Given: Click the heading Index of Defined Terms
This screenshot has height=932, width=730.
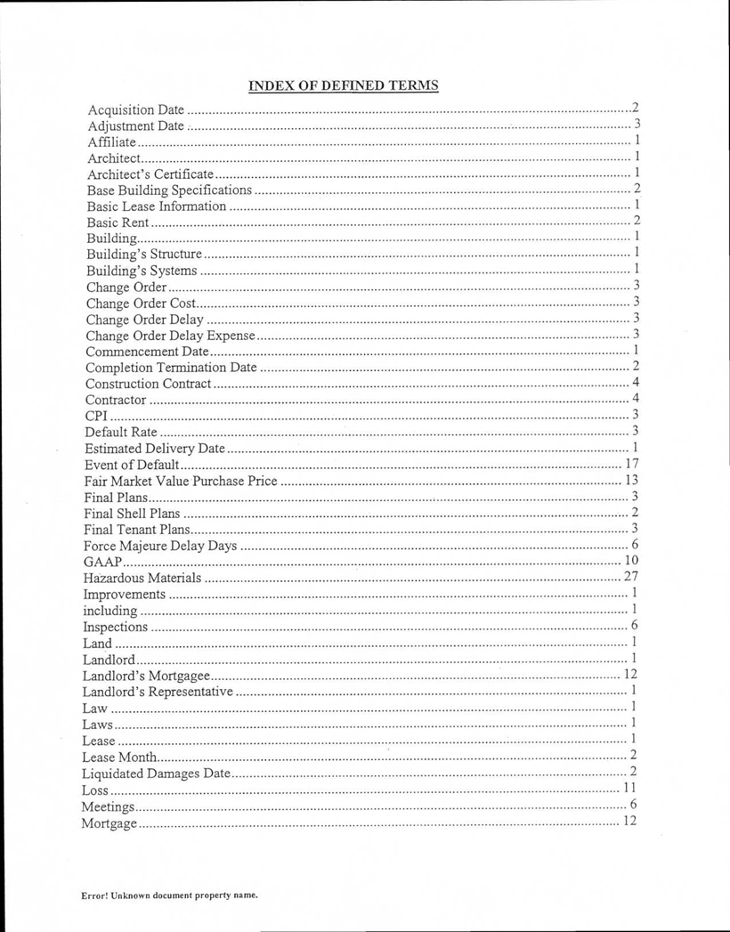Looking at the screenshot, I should [343, 85].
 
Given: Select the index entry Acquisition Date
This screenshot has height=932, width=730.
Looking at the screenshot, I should [135, 110].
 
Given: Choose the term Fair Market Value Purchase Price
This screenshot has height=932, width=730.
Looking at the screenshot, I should [181, 482].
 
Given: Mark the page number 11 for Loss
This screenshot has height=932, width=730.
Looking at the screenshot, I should [629, 788].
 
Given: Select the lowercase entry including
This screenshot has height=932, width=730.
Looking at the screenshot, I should [109, 611].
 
